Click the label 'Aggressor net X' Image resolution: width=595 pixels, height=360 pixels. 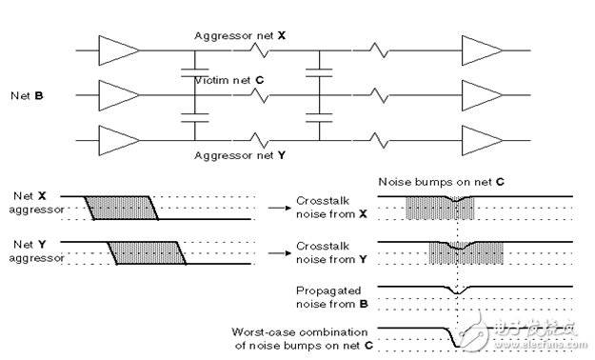point(240,35)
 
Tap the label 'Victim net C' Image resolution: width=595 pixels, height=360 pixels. point(228,80)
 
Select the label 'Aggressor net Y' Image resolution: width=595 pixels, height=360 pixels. point(240,155)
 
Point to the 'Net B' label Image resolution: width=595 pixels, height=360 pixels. point(27,95)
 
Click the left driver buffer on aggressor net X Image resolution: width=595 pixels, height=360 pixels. point(118,50)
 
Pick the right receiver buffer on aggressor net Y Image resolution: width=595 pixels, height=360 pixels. point(482,141)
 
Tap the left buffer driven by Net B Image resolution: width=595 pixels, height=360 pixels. point(118,95)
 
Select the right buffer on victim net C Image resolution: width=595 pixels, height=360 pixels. point(482,95)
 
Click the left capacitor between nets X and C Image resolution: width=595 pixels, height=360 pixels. point(194,73)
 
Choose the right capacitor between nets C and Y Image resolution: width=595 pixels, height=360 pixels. point(319,118)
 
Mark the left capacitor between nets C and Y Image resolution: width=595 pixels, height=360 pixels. point(194,118)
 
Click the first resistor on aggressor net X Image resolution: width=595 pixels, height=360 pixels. point(259,50)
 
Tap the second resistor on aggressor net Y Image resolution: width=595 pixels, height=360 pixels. point(379,141)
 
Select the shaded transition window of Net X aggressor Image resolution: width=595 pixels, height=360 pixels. point(122,208)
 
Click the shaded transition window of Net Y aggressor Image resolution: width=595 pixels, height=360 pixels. point(148,253)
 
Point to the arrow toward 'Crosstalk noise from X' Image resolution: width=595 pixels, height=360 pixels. point(280,208)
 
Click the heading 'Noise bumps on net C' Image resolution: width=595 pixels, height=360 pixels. point(442,182)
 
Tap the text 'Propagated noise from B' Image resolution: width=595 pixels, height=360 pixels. point(331,297)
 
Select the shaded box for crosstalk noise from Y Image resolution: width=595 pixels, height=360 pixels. point(466,253)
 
